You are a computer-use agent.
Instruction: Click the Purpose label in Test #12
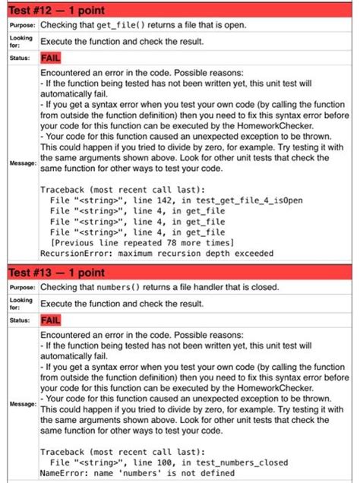pos(18,24)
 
